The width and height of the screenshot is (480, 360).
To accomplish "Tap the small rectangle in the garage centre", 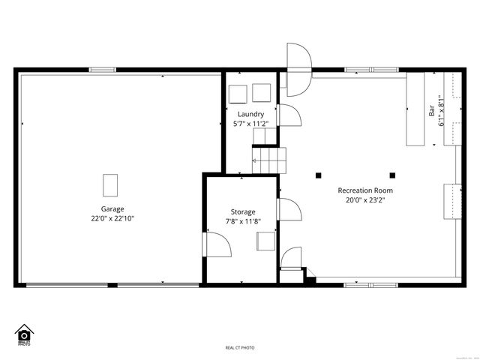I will point(110,184).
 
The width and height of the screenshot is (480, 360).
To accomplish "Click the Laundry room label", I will point(250,114).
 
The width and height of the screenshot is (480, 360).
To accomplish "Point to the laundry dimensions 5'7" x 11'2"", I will point(250,124).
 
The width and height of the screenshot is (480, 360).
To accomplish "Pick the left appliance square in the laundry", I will point(238,93).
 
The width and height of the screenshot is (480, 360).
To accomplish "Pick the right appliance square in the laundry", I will point(262,93).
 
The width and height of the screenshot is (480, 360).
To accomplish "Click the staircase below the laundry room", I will point(268,159).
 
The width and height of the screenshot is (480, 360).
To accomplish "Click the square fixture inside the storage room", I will point(265,241).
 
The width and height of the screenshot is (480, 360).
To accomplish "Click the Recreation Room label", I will point(364,190).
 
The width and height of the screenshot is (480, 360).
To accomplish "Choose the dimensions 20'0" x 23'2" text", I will point(364,200).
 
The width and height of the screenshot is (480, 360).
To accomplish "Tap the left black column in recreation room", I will point(319,175).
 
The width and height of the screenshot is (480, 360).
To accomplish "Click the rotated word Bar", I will point(432,109).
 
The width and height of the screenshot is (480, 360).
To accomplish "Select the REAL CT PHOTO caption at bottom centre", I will point(240,348).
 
